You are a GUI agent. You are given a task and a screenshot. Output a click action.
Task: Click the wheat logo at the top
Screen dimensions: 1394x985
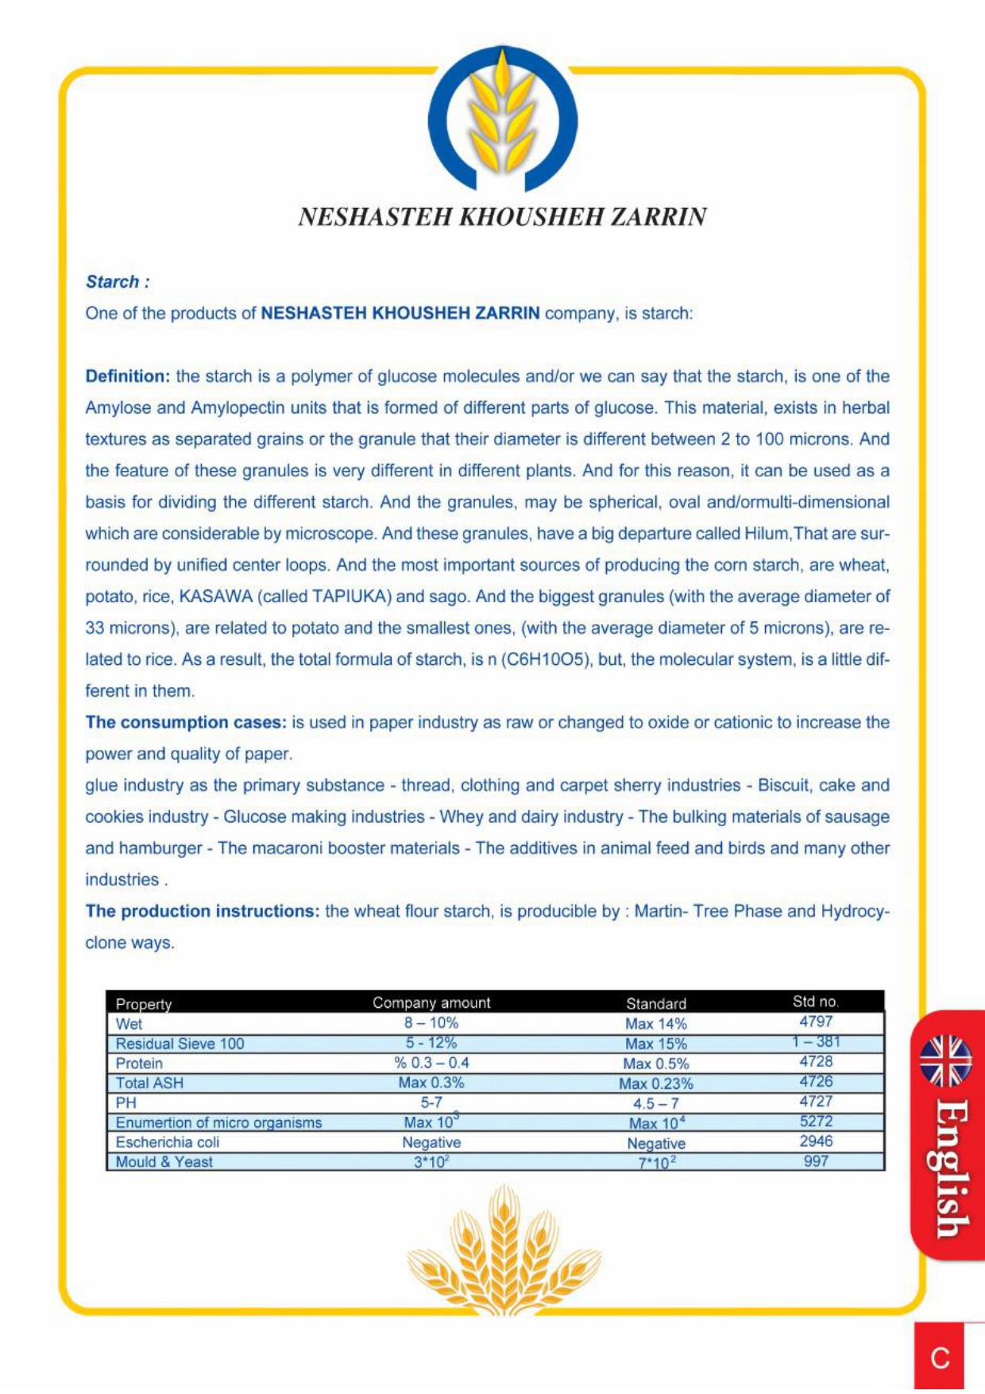click(503, 119)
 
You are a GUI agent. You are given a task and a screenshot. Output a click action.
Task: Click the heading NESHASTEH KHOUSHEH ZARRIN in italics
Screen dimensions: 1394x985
click(502, 217)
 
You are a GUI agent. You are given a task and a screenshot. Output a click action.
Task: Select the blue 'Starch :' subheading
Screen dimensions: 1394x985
click(118, 282)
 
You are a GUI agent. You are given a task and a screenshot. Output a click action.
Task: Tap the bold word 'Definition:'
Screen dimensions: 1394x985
click(128, 376)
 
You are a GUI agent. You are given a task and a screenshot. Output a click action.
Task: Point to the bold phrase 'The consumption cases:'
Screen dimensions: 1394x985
click(185, 723)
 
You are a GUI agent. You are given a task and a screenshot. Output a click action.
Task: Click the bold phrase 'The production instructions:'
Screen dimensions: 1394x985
click(202, 911)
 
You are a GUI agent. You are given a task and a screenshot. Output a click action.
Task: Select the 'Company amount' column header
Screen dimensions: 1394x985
click(431, 1003)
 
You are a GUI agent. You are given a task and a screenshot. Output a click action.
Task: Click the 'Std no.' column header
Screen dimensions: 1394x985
click(816, 1002)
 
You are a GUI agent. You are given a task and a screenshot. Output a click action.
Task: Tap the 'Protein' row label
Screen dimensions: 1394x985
click(139, 1064)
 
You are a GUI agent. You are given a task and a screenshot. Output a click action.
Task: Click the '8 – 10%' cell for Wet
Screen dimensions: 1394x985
click(431, 1023)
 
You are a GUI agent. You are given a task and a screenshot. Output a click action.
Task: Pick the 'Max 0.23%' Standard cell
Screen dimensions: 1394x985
click(656, 1083)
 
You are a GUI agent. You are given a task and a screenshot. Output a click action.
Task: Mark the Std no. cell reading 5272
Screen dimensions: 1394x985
click(816, 1122)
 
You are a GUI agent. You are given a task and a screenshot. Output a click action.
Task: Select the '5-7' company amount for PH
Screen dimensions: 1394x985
click(431, 1102)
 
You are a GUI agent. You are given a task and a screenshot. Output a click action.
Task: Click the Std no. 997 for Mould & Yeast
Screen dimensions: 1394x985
click(816, 1161)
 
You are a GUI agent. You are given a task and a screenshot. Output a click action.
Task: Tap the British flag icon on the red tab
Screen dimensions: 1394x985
click(945, 1061)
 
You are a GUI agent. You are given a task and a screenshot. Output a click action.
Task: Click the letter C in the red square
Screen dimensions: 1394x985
click(941, 1359)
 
